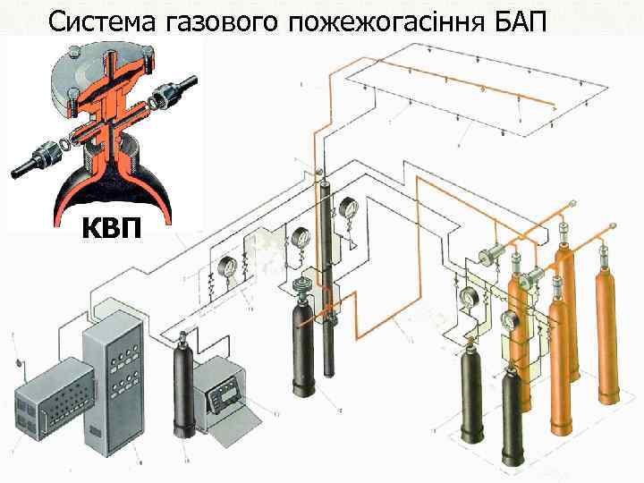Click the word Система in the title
click(104, 19)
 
